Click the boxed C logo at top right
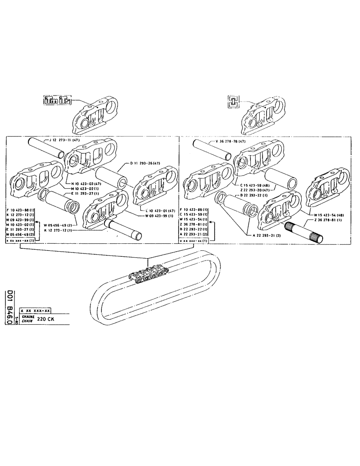click(231, 101)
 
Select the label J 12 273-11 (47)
click(65, 139)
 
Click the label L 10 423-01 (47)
click(159, 211)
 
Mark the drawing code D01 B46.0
click(9, 309)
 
